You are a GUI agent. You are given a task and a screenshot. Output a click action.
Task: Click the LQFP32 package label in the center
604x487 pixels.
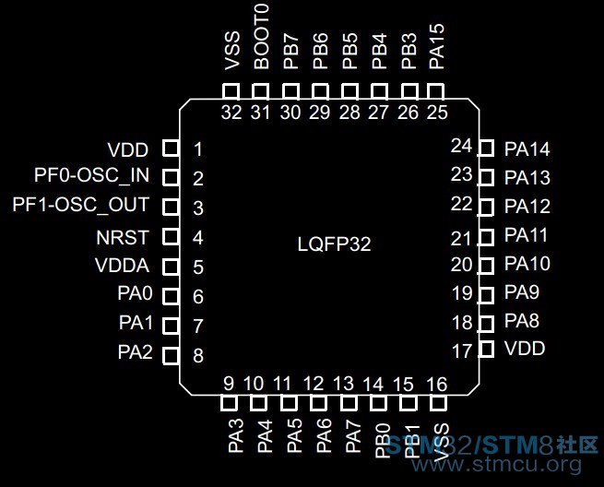[x=334, y=243]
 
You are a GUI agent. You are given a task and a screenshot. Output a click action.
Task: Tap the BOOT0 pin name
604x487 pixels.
[x=261, y=38]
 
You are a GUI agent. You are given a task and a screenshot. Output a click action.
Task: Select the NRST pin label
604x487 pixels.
[x=123, y=237]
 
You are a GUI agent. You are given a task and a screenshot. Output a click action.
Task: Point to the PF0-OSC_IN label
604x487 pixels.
[x=91, y=175]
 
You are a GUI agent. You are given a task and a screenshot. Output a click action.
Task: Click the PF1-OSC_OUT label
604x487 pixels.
[x=80, y=204]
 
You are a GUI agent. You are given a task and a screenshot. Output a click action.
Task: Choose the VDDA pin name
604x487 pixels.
[x=122, y=266]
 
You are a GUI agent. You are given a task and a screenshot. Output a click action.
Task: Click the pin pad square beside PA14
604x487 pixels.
[x=486, y=148]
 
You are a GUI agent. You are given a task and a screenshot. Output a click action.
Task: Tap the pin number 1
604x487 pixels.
[x=198, y=149]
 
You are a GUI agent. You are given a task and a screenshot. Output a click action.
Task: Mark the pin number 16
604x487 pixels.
[x=437, y=384]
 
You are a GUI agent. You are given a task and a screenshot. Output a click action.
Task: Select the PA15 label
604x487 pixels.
[x=436, y=47]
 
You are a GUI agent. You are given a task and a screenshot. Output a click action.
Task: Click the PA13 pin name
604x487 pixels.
[x=527, y=178]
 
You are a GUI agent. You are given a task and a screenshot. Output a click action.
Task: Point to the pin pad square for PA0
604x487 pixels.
[x=171, y=296]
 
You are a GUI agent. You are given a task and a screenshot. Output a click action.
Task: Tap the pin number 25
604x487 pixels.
[x=437, y=113]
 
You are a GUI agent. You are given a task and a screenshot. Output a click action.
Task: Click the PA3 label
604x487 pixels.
[x=236, y=435]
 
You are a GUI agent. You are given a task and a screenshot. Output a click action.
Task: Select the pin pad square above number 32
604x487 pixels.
[x=231, y=91]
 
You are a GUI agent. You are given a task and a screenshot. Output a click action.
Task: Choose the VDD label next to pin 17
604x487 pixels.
[x=525, y=349]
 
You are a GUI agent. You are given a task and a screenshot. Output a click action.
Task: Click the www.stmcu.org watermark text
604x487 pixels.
[x=497, y=464]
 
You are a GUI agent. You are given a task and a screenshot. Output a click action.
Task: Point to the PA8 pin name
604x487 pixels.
[x=522, y=321]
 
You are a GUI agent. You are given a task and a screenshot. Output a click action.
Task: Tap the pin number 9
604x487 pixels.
[x=229, y=384]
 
